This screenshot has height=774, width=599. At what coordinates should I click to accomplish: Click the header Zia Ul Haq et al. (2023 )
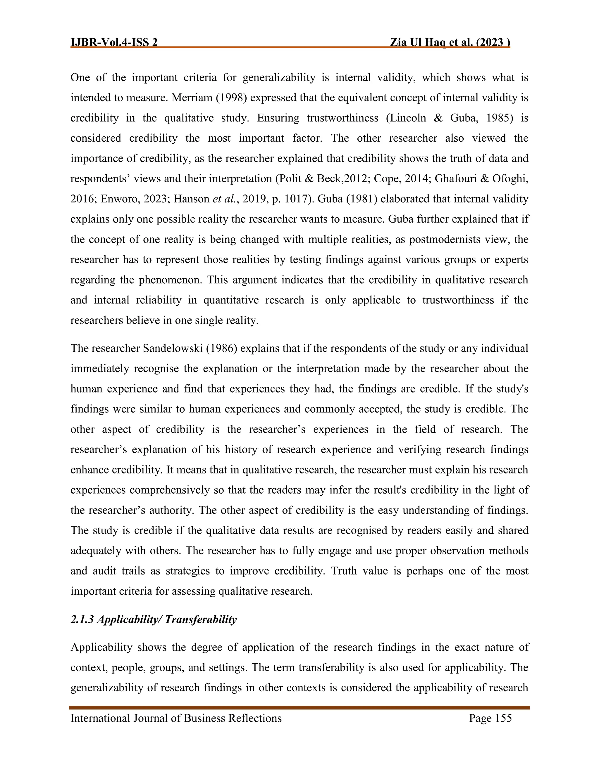pyautogui.click(x=450, y=43)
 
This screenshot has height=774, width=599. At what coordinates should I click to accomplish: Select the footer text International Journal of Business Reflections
pyautogui.click(x=176, y=719)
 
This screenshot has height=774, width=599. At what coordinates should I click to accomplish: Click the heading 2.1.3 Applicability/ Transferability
pyautogui.click(x=153, y=619)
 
